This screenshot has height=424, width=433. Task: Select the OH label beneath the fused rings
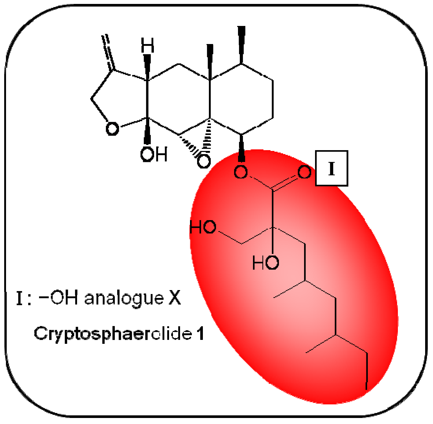[154, 154]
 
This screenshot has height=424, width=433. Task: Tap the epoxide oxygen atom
[204, 161]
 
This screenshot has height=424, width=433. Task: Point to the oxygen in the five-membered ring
[112, 129]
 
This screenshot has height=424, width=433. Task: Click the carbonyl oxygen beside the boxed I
[304, 172]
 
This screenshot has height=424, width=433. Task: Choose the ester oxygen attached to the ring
[241, 172]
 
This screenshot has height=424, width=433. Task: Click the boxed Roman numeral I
[332, 168]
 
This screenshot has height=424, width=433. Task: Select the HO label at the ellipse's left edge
[203, 227]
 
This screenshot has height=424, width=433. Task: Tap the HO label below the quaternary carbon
[266, 263]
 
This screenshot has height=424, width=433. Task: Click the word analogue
[124, 298]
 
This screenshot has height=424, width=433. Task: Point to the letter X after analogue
[175, 298]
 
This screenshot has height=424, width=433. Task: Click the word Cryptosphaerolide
[113, 334]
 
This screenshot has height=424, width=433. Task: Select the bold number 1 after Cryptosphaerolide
[201, 334]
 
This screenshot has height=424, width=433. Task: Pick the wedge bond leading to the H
[148, 67]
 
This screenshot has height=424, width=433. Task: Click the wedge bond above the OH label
[147, 131]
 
